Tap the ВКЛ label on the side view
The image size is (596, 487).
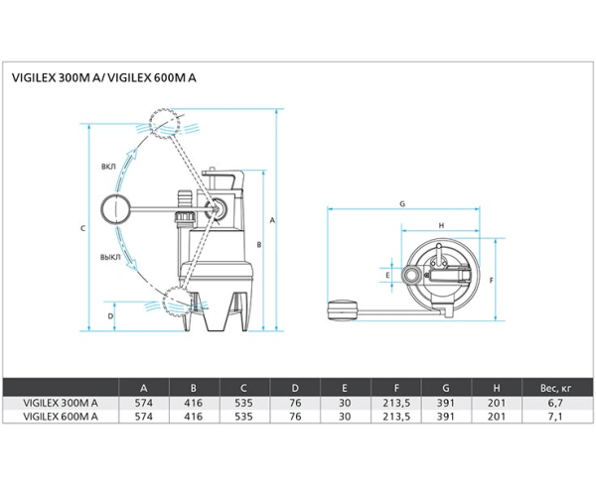point(109,166)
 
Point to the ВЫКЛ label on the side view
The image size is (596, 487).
point(110,256)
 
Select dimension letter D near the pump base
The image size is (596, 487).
point(111,316)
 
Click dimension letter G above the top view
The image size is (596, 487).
point(402,204)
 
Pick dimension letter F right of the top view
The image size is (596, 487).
point(493,282)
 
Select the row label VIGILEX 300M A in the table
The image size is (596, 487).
point(61,403)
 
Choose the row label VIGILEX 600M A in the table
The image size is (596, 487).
point(61,417)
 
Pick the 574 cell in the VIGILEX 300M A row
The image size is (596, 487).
point(145,403)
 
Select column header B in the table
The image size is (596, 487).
point(195,388)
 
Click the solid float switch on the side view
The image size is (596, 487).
point(120,209)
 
